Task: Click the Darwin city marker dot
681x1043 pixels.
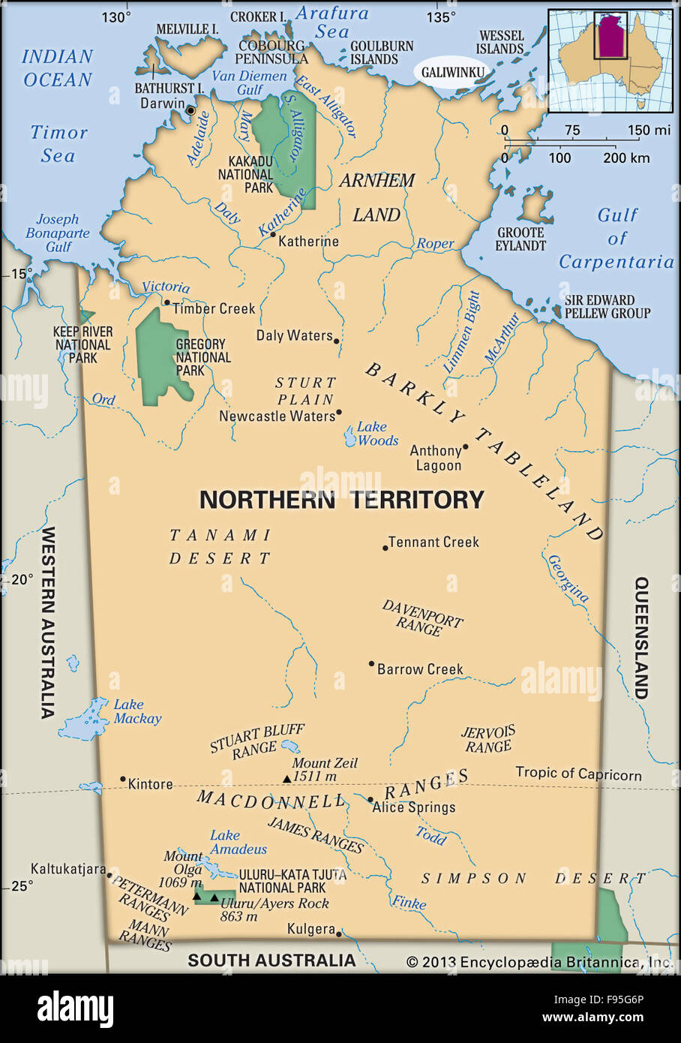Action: coord(190,110)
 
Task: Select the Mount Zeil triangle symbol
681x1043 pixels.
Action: coord(286,779)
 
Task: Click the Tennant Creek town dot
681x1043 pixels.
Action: coord(385,548)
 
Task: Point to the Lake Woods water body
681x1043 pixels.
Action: coord(350,437)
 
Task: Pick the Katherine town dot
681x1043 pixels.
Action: coord(273,235)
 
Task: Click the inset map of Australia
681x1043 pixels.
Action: coord(610,60)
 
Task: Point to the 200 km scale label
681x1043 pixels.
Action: coord(627,158)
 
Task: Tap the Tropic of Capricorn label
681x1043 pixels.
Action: coord(578,774)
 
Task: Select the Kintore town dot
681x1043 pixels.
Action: coord(123,779)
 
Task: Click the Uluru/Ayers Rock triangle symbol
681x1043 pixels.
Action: coord(214,897)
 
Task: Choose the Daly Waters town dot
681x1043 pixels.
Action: coord(336,341)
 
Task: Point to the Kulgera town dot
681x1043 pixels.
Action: coord(339,933)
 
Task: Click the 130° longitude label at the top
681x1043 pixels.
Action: coord(116,17)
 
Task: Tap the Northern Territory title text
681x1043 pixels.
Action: coord(341,500)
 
